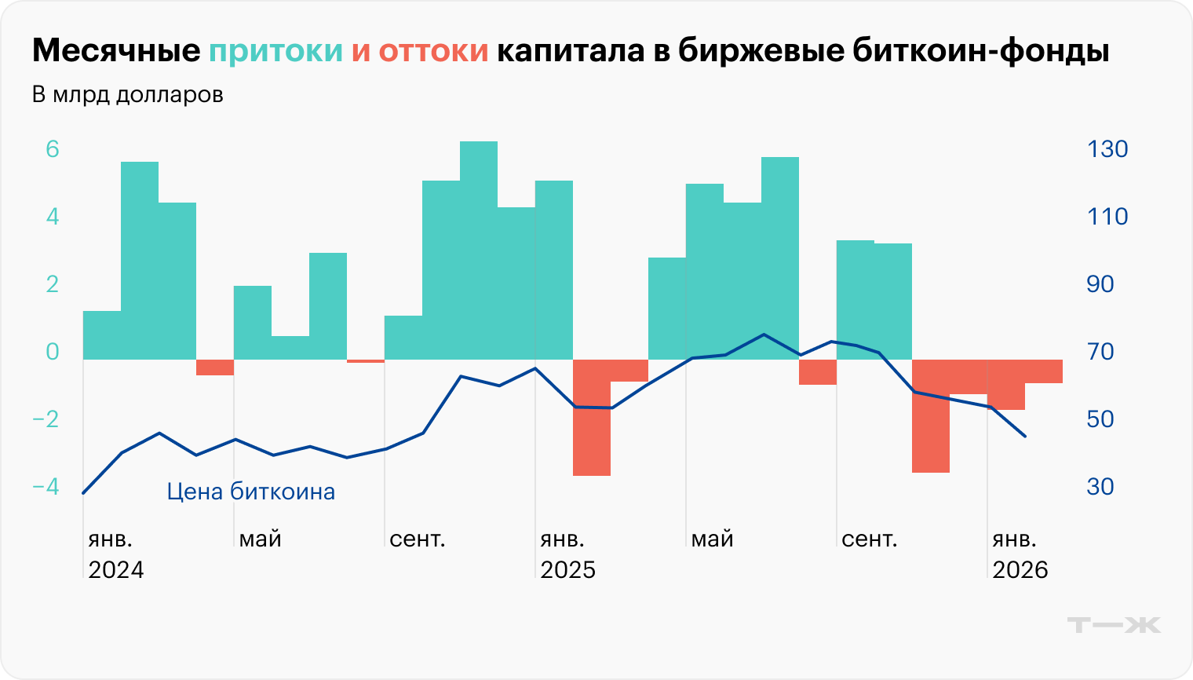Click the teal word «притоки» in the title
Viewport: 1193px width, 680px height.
click(275, 51)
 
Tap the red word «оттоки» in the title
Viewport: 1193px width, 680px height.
click(433, 51)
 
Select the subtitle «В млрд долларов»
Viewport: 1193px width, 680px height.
click(127, 95)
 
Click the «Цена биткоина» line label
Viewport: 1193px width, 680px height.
click(250, 492)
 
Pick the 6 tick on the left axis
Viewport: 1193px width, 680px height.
click(53, 149)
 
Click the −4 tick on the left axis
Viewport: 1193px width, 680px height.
click(46, 487)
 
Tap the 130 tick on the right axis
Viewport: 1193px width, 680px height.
click(1107, 149)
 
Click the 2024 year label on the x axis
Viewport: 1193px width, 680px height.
click(116, 569)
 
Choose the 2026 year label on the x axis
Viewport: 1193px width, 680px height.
click(1020, 569)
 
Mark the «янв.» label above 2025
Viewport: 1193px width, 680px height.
click(562, 539)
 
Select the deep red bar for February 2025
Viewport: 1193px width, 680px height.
click(592, 417)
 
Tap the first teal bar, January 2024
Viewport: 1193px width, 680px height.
click(102, 335)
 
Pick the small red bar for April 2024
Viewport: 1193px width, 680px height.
click(215, 367)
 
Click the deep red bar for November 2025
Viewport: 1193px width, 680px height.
click(931, 416)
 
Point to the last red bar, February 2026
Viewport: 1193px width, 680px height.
click(1044, 371)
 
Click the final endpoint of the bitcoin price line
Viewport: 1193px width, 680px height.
click(1025, 436)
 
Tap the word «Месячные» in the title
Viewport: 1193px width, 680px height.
click(116, 51)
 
